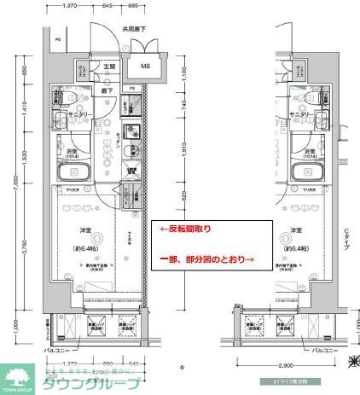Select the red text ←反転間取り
point(183,229)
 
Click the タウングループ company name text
point(92,383)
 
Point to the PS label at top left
point(57,39)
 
